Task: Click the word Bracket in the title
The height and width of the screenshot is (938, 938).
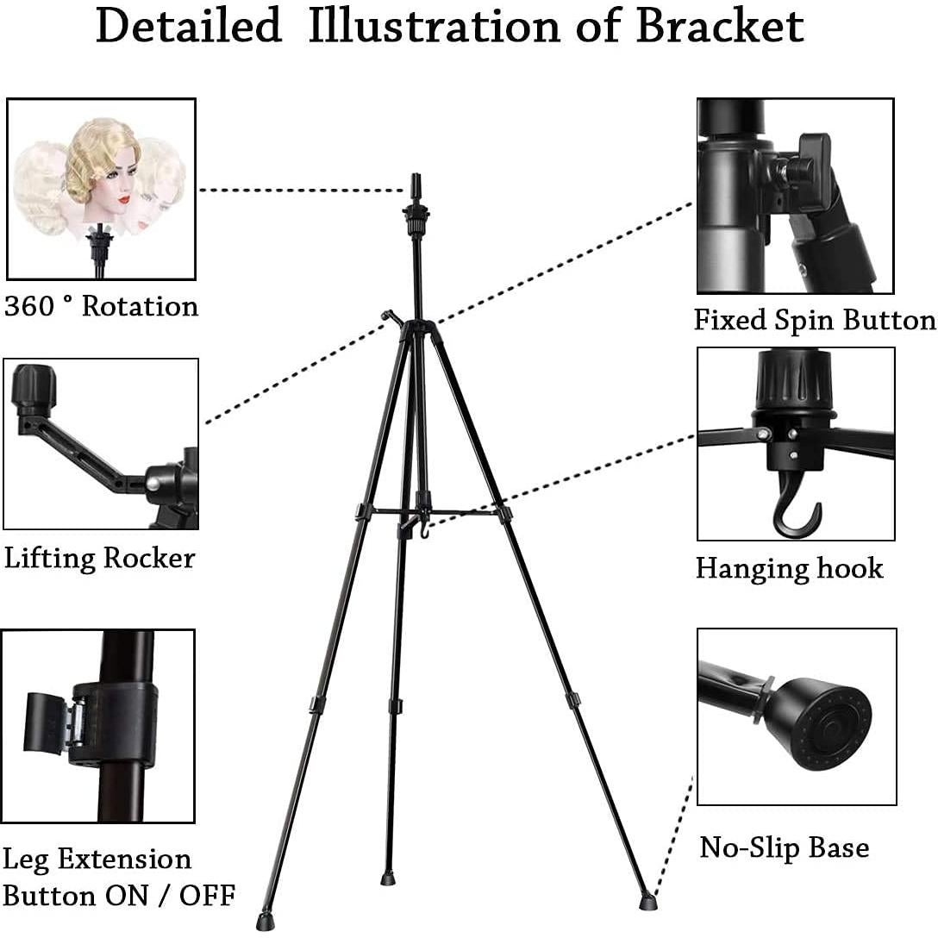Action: click(720, 26)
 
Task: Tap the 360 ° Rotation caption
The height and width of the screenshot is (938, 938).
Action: click(101, 307)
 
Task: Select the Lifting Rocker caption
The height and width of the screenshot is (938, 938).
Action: click(99, 558)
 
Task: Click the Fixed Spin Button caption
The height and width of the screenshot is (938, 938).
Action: click(815, 320)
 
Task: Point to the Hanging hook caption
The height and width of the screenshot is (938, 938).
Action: click(789, 568)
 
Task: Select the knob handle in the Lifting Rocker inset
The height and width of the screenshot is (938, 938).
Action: click(34, 389)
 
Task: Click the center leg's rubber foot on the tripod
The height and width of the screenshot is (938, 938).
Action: click(388, 879)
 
